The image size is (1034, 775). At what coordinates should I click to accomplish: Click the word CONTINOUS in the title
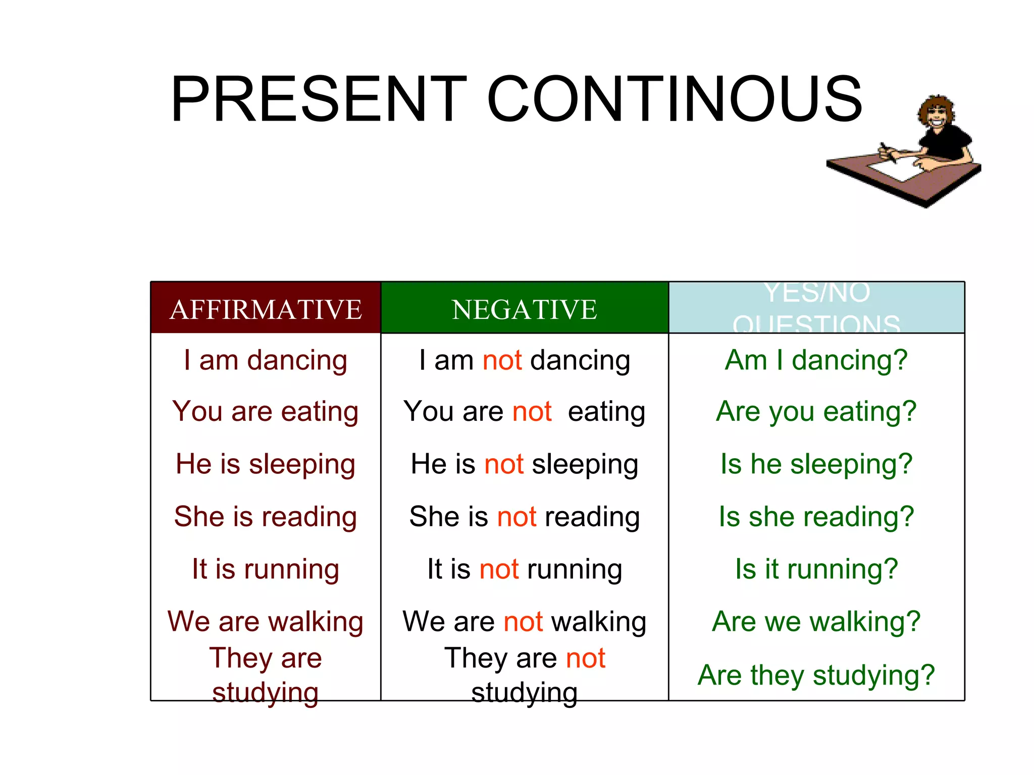675,99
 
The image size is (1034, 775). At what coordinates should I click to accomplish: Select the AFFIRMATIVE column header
266,309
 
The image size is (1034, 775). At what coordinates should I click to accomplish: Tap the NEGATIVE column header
524,309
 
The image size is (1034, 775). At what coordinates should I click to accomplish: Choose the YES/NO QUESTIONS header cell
816,308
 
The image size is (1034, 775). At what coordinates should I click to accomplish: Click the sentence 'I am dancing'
266,360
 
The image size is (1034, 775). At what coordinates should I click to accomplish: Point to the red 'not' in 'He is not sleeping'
503,464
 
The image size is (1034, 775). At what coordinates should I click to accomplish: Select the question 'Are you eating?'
816,412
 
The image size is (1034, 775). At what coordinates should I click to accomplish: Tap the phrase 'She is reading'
266,517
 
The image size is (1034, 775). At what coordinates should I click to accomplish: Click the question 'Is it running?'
816,569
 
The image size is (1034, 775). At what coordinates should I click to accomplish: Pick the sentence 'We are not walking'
524,622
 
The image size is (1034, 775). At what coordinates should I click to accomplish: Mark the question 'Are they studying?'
816,675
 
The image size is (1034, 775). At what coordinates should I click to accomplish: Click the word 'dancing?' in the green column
850,360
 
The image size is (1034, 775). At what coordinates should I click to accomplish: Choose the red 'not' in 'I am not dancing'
502,360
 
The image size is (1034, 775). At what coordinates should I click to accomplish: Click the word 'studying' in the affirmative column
266,692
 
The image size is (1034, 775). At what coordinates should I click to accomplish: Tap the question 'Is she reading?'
816,517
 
